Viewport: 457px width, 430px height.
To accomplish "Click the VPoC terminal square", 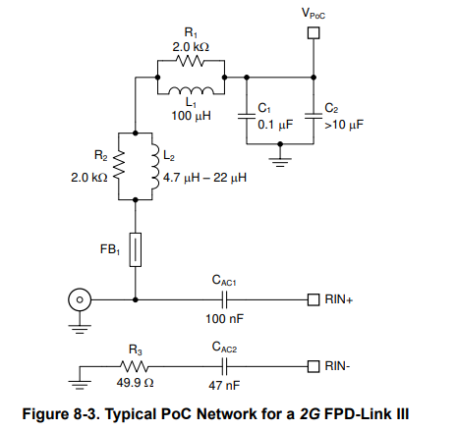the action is tap(314, 33).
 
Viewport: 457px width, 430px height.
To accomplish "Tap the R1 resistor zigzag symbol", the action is tap(191, 60).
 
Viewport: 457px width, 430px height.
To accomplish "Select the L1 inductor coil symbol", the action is tap(192, 90).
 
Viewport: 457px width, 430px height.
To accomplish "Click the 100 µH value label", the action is tap(192, 116).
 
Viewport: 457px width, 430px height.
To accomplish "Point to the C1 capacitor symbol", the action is tap(247, 116).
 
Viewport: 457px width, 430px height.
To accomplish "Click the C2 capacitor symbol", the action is tap(314, 116).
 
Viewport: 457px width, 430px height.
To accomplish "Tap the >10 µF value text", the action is tap(344, 125).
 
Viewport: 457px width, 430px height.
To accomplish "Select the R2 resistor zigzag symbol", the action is tap(119, 166).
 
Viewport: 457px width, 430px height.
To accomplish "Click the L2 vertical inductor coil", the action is tap(155, 166).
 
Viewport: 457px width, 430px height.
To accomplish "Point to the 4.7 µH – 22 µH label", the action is tap(204, 178).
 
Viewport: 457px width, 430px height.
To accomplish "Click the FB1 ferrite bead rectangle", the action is tap(136, 249).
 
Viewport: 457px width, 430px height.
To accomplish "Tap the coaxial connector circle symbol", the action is tap(80, 299).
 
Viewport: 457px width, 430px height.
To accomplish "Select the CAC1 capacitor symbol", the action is tap(224, 299).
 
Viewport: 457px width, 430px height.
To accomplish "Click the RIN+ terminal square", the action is tap(314, 299).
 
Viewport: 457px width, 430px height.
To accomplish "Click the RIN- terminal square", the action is tap(314, 366).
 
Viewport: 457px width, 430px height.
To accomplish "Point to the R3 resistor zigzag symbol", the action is tap(135, 366).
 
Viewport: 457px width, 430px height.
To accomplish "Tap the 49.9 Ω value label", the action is tap(135, 383).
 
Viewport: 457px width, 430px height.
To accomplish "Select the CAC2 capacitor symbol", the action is tap(224, 366).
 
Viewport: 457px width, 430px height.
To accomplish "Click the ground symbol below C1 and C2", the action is tap(280, 160).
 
